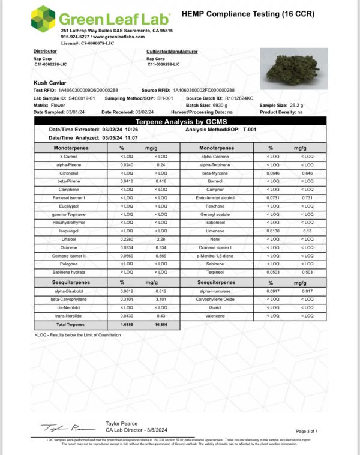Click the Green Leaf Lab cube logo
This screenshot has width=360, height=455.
pos(43,20)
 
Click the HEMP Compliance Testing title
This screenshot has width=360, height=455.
pos(247,13)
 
